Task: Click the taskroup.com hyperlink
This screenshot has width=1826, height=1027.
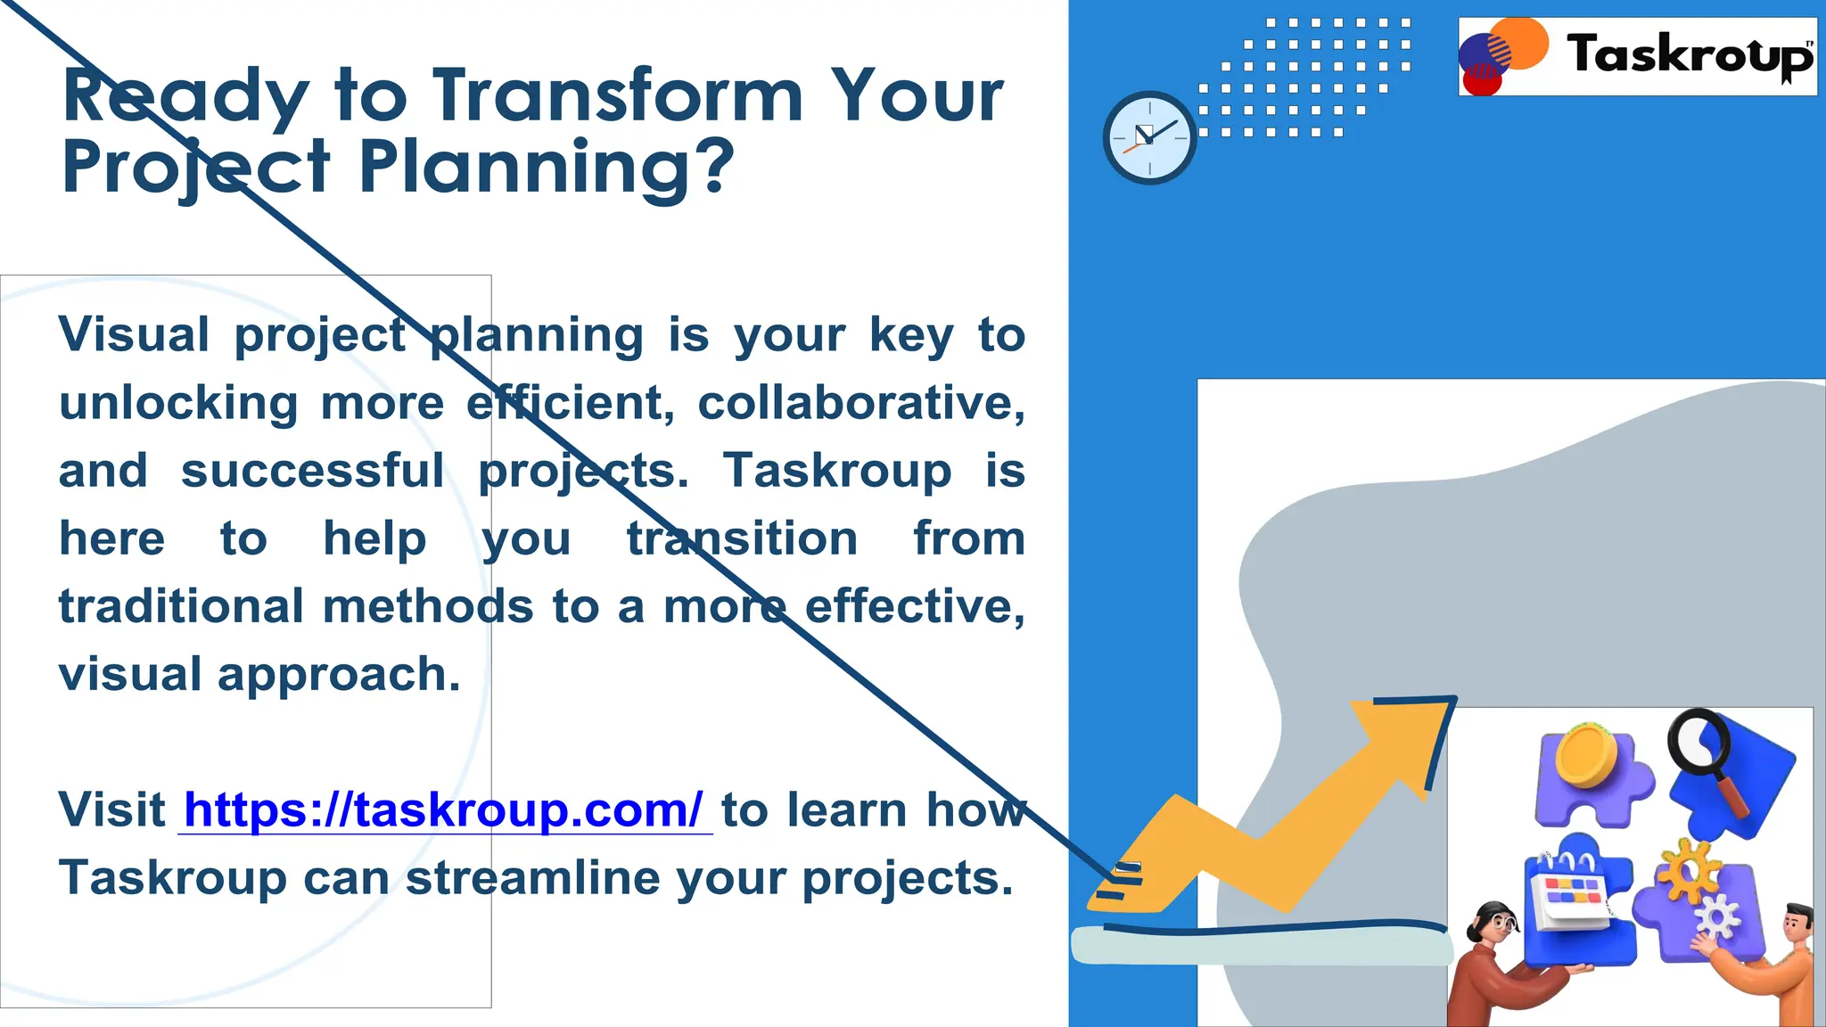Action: [x=444, y=810]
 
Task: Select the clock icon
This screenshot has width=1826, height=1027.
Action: [x=1149, y=137]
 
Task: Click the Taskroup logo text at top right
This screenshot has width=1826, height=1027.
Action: [x=1688, y=55]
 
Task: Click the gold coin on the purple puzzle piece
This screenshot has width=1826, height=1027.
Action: [x=1586, y=754]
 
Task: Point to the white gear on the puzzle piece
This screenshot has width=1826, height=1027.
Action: [x=1716, y=916]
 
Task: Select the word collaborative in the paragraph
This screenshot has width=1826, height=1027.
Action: [x=860, y=403]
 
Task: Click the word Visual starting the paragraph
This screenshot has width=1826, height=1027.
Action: [x=134, y=335]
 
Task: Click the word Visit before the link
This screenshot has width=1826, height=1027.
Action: [x=111, y=810]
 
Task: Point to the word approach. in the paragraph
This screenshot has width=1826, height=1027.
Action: [x=339, y=675]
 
